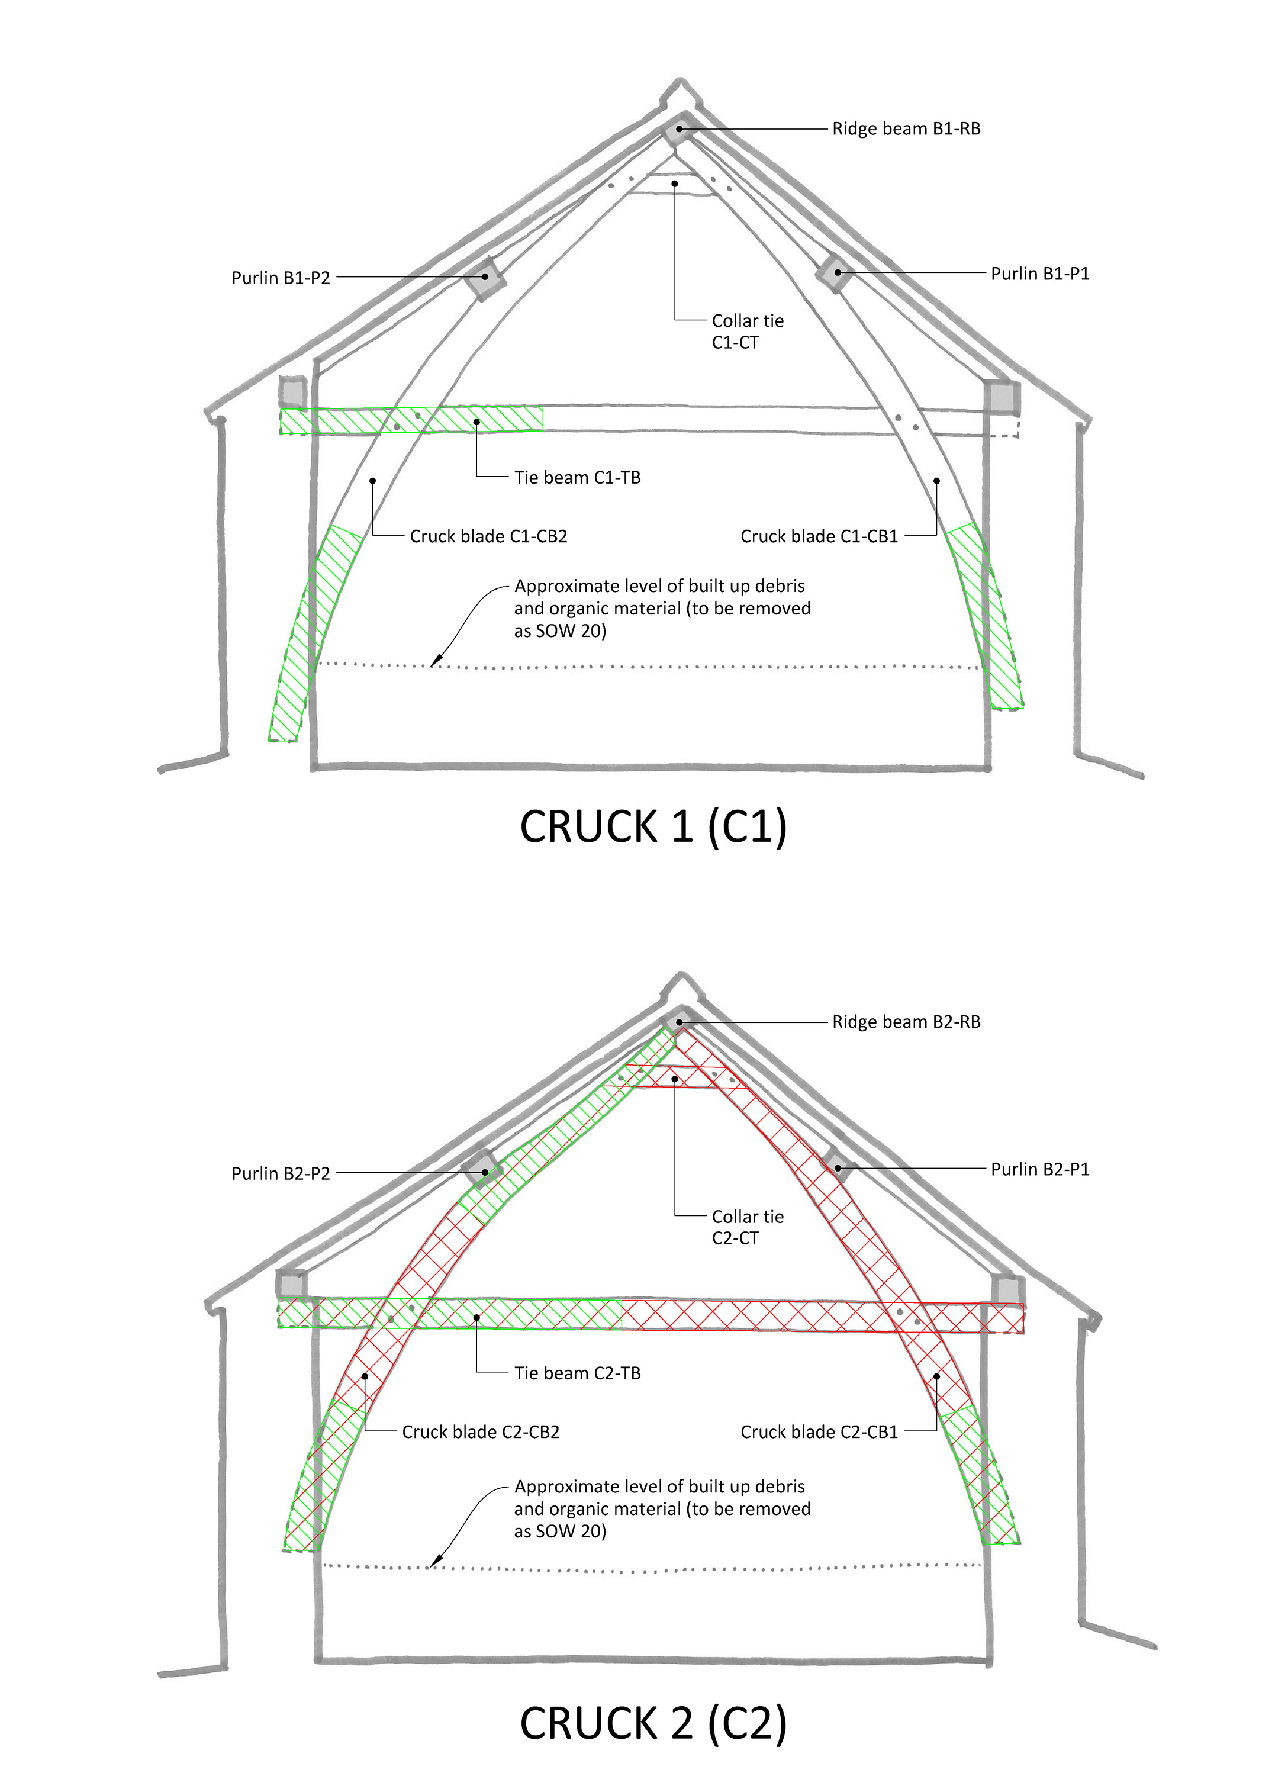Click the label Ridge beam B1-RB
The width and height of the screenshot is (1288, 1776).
tap(906, 128)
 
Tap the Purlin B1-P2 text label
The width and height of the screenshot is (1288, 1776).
tap(281, 278)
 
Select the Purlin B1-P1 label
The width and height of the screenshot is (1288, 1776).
tap(1040, 274)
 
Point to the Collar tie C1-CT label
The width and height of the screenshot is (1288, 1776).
tap(748, 332)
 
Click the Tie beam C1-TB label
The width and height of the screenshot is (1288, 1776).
tap(577, 478)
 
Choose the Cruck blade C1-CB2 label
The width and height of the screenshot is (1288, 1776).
tap(488, 536)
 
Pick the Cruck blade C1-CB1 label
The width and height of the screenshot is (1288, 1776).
tap(819, 536)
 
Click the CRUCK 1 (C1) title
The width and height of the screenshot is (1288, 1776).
tap(653, 827)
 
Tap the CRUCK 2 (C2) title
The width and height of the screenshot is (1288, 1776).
tap(653, 1723)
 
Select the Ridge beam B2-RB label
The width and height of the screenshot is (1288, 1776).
tap(906, 1022)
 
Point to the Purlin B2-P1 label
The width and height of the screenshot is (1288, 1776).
tap(1040, 1169)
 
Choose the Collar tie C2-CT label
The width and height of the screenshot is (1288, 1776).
tap(748, 1227)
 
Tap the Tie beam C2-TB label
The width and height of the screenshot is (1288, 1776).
tap(577, 1373)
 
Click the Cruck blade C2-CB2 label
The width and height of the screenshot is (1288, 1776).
tap(481, 1432)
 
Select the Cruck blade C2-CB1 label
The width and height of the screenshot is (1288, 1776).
tap(819, 1432)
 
